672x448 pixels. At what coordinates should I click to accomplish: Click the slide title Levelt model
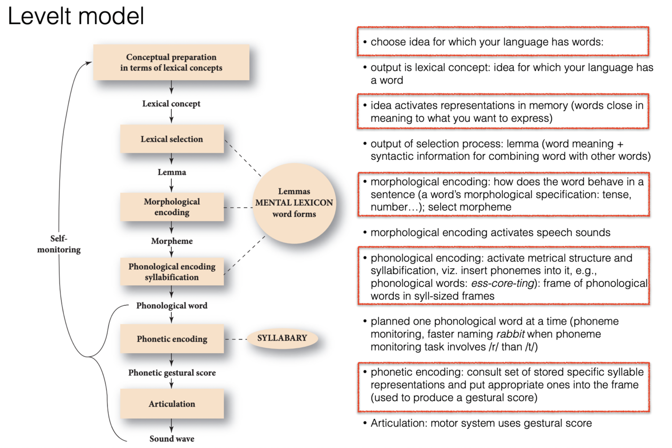pos(76,17)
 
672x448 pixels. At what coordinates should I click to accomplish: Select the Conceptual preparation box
pos(171,62)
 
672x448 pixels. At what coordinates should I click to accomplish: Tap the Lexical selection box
pos(171,139)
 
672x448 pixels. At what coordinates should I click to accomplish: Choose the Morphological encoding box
pos(171,207)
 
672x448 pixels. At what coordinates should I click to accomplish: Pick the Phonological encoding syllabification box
pos(171,272)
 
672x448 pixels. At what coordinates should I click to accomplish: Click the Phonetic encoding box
pos(171,339)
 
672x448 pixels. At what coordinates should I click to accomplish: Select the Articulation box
pos(171,404)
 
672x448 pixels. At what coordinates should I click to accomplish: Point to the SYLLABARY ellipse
pos(282,338)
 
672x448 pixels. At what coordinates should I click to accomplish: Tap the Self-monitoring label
pos(59,244)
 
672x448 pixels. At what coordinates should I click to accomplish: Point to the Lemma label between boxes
pos(171,172)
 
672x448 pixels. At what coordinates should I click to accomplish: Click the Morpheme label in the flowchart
pos(171,240)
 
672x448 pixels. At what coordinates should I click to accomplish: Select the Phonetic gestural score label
pos(171,373)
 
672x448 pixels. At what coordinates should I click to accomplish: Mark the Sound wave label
pos(171,438)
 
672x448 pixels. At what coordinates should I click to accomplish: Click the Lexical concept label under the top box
pos(171,104)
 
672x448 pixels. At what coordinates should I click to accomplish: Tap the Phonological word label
pos(171,305)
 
